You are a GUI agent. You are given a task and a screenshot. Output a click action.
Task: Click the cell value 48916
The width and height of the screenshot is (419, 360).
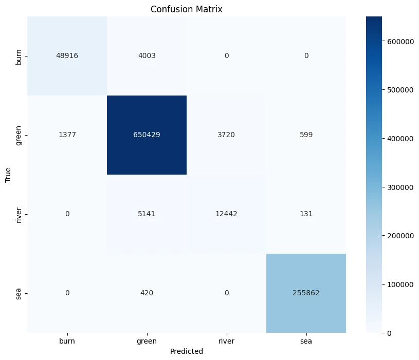(x=67, y=56)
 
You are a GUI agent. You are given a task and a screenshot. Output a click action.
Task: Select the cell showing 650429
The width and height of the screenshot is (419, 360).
(x=147, y=135)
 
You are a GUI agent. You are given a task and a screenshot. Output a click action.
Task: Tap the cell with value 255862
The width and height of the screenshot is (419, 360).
(x=306, y=293)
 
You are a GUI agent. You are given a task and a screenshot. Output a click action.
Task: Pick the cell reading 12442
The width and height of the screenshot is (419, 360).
(x=226, y=214)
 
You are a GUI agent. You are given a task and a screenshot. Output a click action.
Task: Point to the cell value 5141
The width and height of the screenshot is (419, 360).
(x=147, y=214)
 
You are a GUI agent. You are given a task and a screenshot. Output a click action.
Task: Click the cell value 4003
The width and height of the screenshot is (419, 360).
(x=147, y=56)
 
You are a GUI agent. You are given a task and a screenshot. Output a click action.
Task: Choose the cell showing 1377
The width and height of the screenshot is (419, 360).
(x=67, y=135)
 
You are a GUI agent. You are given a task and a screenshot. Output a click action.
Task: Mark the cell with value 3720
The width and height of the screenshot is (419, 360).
(x=226, y=135)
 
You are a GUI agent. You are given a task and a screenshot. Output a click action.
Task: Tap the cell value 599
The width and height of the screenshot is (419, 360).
(x=306, y=135)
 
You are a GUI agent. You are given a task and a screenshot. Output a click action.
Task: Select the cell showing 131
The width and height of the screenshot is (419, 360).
(x=306, y=214)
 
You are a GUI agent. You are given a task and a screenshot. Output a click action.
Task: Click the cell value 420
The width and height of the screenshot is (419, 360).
(x=147, y=293)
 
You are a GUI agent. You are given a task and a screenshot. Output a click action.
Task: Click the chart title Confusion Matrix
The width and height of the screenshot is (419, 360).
(x=186, y=9)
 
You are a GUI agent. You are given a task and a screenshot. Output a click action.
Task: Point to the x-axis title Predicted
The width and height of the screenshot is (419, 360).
(x=186, y=351)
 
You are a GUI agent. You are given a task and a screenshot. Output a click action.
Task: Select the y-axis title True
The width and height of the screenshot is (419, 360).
(x=8, y=175)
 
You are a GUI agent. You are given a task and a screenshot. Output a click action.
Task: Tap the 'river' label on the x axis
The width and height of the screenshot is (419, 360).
(x=226, y=340)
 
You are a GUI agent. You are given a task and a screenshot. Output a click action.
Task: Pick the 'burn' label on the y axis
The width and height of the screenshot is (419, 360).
(x=19, y=56)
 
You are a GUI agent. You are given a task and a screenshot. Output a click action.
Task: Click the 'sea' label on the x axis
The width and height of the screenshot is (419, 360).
(x=306, y=340)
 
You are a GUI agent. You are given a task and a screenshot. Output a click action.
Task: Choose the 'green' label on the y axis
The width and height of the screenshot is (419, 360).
(x=19, y=135)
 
